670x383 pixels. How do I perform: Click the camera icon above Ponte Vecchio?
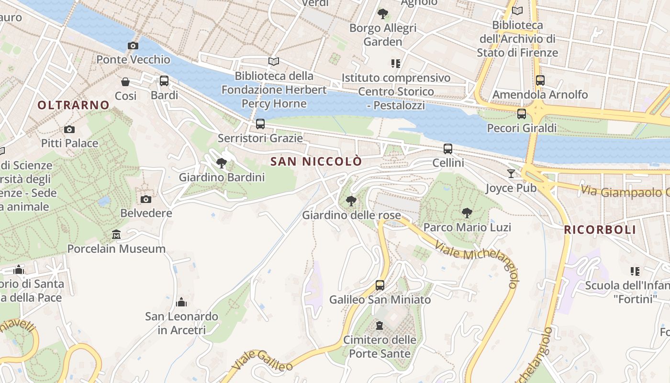[133, 46]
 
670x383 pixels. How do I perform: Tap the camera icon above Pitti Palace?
[69, 129]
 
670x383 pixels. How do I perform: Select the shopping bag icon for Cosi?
[125, 82]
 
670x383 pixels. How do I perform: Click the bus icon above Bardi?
[164, 81]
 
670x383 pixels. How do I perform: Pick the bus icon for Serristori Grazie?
[260, 124]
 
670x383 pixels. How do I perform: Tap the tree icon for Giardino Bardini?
[222, 163]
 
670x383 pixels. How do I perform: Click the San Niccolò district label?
[316, 162]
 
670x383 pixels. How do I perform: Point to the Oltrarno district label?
[73, 105]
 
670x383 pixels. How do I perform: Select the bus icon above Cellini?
[448, 149]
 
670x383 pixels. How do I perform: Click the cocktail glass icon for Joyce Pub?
[511, 174]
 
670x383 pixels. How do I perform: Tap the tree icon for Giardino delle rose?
[351, 201]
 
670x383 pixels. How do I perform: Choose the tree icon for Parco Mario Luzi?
[467, 213]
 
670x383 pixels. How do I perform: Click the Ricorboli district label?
[600, 230]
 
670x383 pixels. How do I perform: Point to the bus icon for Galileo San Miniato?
[380, 285]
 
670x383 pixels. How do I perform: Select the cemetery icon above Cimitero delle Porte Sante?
[380, 326]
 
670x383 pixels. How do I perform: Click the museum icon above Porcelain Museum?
[116, 235]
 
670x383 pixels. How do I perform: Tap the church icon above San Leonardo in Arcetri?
[181, 302]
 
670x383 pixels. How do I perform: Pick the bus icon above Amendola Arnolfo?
[540, 80]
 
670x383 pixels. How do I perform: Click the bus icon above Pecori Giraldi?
[522, 114]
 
